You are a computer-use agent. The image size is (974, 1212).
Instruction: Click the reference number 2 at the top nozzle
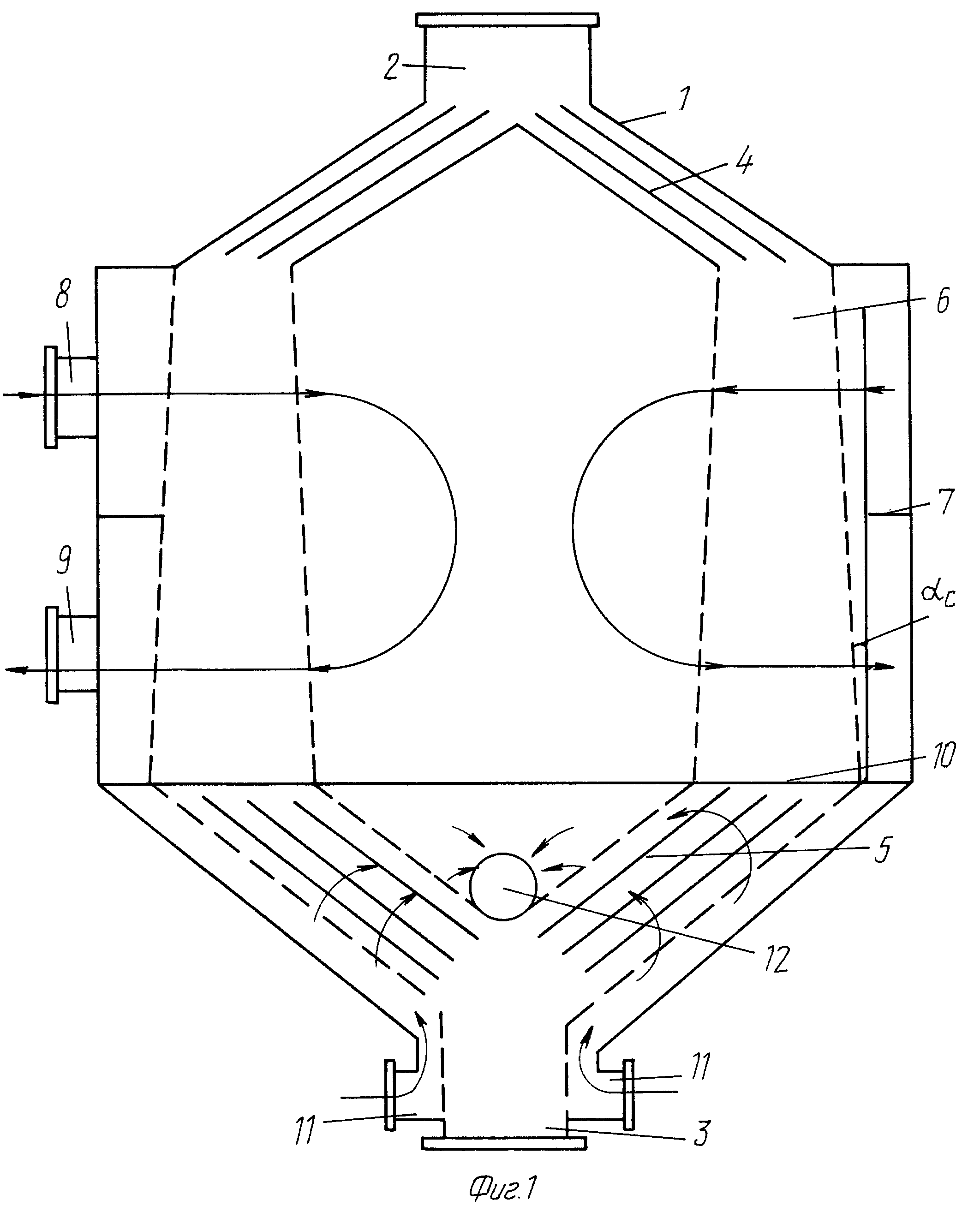(392, 67)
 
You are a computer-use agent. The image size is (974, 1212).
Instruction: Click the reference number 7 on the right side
(946, 502)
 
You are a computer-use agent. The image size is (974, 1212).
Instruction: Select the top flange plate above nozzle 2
(507, 20)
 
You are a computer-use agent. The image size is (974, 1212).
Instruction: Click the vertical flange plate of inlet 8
(51, 397)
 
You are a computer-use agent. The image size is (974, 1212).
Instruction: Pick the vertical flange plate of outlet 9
(52, 655)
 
